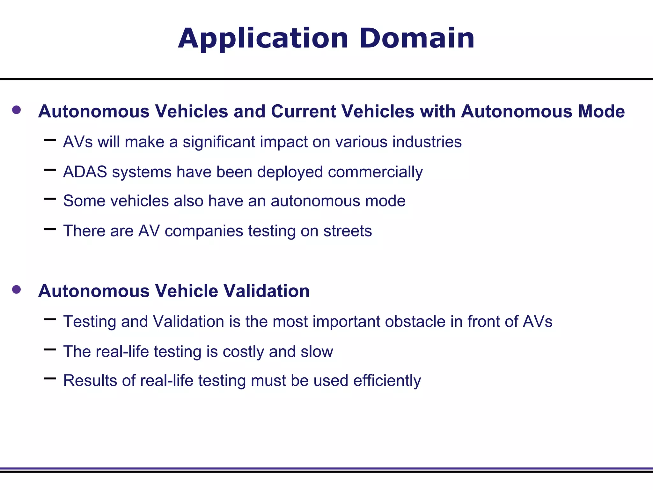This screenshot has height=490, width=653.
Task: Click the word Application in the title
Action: [263, 39]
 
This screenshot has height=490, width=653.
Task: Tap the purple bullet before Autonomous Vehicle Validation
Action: [16, 290]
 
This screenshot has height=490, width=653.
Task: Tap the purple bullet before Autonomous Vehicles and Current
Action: [16, 110]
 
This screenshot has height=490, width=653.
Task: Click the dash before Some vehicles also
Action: [50, 199]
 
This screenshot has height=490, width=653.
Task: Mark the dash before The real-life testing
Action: [50, 350]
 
